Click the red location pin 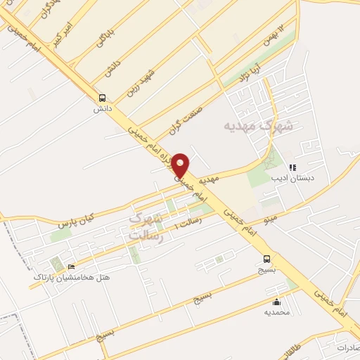181,165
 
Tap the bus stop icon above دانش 103,98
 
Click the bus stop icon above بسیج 266,258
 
